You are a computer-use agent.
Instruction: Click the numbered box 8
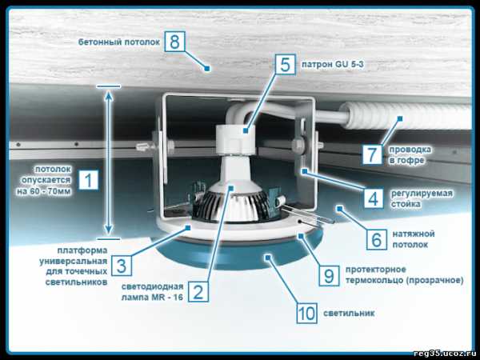(174, 42)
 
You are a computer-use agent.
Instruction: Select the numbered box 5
(286, 65)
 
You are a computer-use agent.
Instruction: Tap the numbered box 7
(372, 154)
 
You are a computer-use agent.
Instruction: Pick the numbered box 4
(374, 198)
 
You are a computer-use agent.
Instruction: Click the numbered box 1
(89, 180)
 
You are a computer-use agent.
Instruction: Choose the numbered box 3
(122, 266)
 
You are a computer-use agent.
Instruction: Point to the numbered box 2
(198, 292)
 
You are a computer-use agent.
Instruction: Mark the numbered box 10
(306, 313)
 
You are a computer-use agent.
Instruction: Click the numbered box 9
(329, 276)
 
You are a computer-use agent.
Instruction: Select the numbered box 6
(377, 239)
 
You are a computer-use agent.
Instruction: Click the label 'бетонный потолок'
(119, 42)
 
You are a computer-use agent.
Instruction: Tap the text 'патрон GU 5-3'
(333, 65)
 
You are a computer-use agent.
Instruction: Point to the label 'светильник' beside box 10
(349, 313)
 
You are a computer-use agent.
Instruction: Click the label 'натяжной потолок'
(414, 239)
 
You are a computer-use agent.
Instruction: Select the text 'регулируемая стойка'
(422, 198)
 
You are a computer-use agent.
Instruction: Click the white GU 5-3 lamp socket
(235, 139)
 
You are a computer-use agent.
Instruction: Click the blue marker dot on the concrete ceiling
(207, 69)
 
